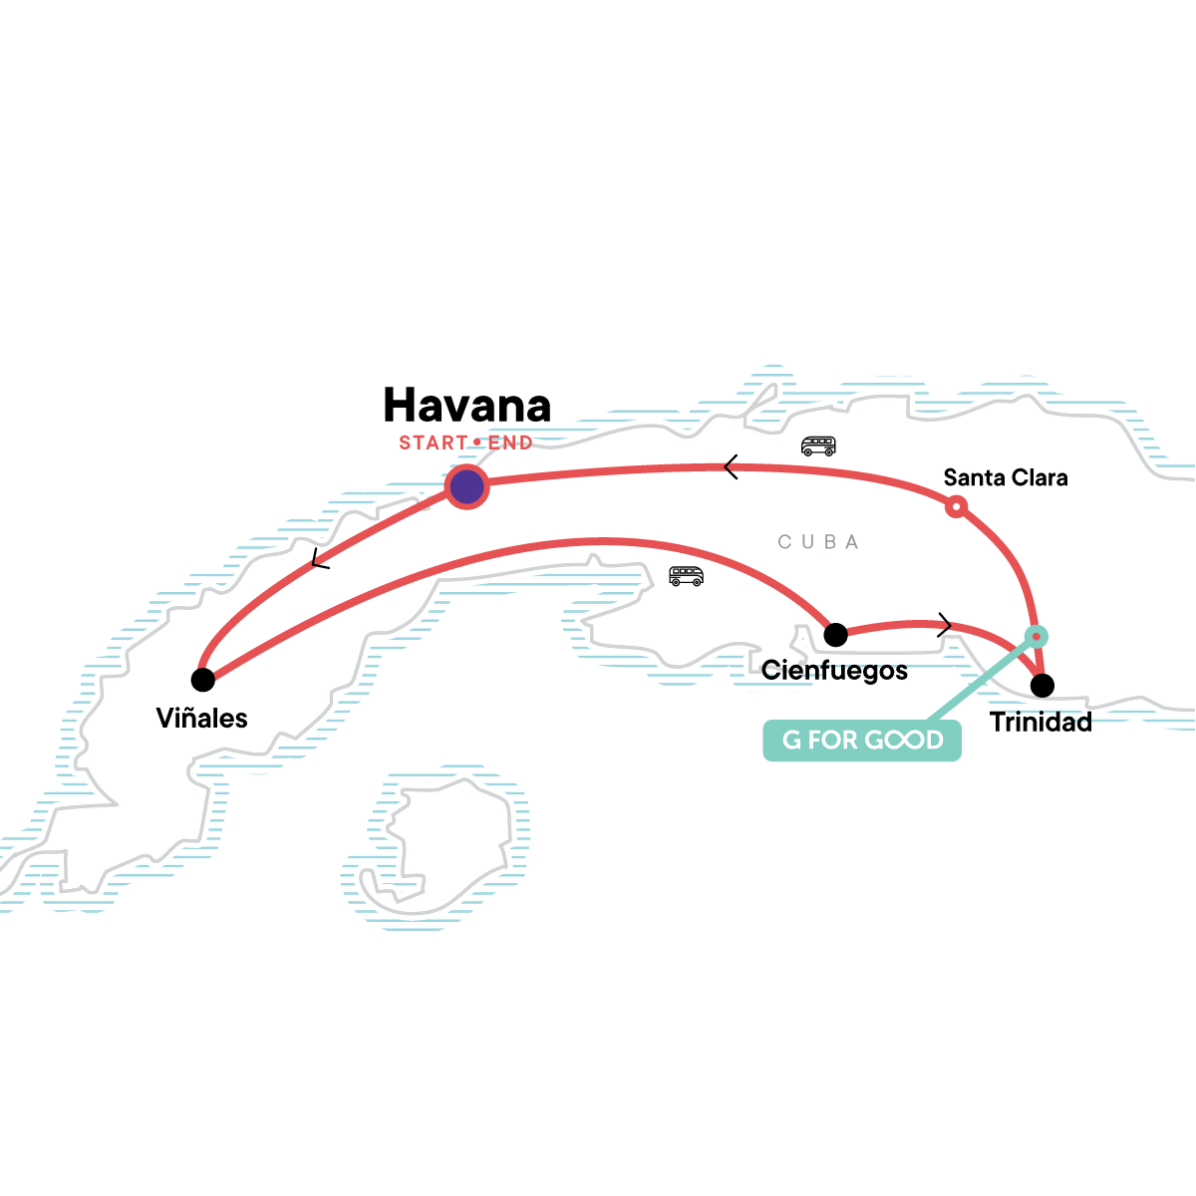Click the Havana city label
pos(466,405)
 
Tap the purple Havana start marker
pos(466,486)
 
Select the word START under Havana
pos(433,443)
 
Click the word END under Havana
pos(510,443)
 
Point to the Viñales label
pos(201,718)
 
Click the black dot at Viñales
pos(203,680)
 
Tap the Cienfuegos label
pos(834,671)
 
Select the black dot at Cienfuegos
pos(835,634)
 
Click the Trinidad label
pos(1041,722)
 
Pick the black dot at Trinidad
pos(1043,685)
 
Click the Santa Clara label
pos(1006,477)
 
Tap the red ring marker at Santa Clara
pos(957,507)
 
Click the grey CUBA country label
pos(818,542)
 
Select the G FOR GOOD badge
pos(862,741)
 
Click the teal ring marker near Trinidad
pos(1036,637)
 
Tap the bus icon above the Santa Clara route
pos(818,446)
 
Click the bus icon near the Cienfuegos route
pos(686,576)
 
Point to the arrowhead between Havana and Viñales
pos(319,558)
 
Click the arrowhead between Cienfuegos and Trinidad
pos(944,625)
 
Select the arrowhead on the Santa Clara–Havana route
pos(732,467)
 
